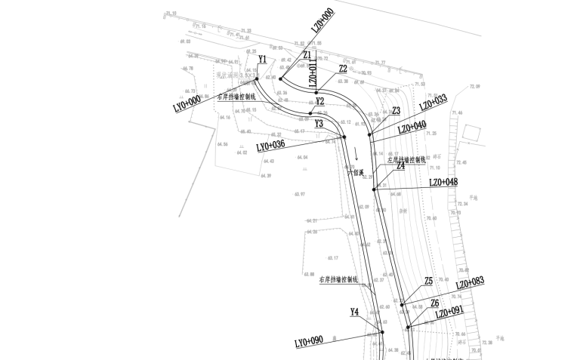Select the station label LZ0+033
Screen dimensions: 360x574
tap(433, 103)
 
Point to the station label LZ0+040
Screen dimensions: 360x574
tap(412, 128)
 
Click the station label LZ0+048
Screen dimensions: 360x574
tap(443, 183)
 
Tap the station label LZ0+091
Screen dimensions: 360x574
tap(449, 312)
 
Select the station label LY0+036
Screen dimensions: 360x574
tap(270, 145)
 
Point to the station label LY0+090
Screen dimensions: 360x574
tap(309, 341)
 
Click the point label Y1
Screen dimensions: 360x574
tap(262, 58)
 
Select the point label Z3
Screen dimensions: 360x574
tap(396, 111)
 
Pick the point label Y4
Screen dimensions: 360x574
tap(354, 311)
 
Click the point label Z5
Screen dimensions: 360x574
tap(428, 280)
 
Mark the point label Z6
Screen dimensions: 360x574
tap(434, 303)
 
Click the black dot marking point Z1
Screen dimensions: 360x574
tap(280, 78)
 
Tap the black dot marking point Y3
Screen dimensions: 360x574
tap(344, 137)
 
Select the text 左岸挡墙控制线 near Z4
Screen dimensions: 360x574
tap(407, 159)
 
